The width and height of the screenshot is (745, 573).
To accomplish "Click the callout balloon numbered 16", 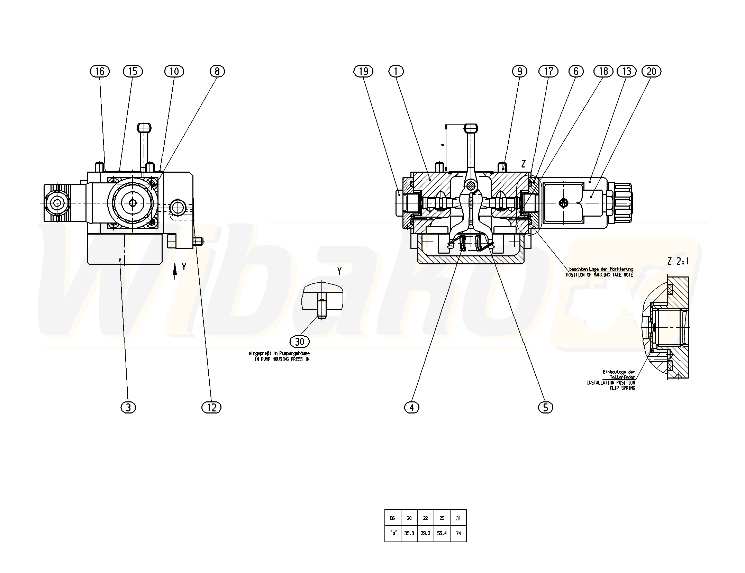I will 100,71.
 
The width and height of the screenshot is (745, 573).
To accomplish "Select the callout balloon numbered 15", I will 133,71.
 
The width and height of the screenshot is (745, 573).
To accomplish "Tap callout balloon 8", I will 217,71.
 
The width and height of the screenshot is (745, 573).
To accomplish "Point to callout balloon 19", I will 363,71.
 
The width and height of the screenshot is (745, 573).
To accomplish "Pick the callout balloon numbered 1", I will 396,71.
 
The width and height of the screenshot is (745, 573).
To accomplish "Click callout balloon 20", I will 651,71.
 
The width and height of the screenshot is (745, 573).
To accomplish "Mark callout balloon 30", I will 299,342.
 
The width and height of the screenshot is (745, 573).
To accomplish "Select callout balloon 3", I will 128,408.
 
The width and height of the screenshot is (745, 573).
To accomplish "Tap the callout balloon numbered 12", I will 211,408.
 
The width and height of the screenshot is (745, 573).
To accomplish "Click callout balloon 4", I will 411,408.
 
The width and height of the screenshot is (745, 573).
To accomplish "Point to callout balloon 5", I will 546,408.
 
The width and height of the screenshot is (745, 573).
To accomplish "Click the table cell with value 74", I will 458,533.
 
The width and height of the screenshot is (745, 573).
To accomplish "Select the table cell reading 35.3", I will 409,533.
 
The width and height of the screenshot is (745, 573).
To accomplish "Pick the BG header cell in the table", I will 392,518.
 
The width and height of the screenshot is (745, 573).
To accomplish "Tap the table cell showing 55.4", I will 442,533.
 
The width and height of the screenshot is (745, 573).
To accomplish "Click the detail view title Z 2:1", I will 678,262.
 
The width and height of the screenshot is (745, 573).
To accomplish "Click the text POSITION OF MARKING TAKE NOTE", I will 599,275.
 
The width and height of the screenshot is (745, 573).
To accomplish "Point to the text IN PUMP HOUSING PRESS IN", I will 282,359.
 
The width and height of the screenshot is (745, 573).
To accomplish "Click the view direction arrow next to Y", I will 175,271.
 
